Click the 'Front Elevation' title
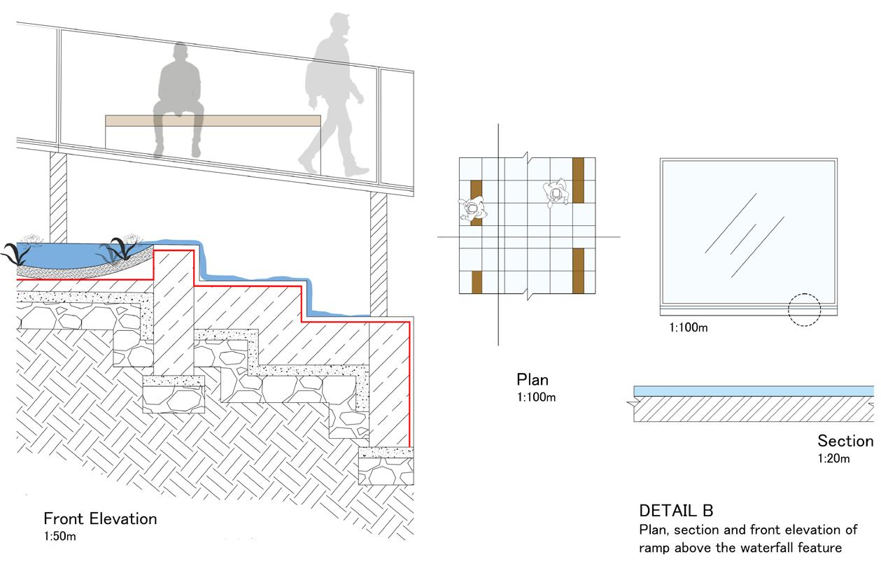pyautogui.click(x=100, y=519)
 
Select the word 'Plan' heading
pyautogui.click(x=533, y=381)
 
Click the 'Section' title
pyautogui.click(x=845, y=441)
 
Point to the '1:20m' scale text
pyautogui.click(x=833, y=459)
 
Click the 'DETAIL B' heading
pyautogui.click(x=676, y=511)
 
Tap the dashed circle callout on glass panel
pyautogui.click(x=804, y=310)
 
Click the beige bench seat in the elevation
pyautogui.click(x=213, y=121)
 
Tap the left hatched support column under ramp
pyautogui.click(x=58, y=189)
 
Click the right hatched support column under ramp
pyautogui.click(x=378, y=252)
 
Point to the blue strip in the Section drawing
pyautogui.click(x=753, y=390)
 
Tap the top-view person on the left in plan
pyautogui.click(x=472, y=208)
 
